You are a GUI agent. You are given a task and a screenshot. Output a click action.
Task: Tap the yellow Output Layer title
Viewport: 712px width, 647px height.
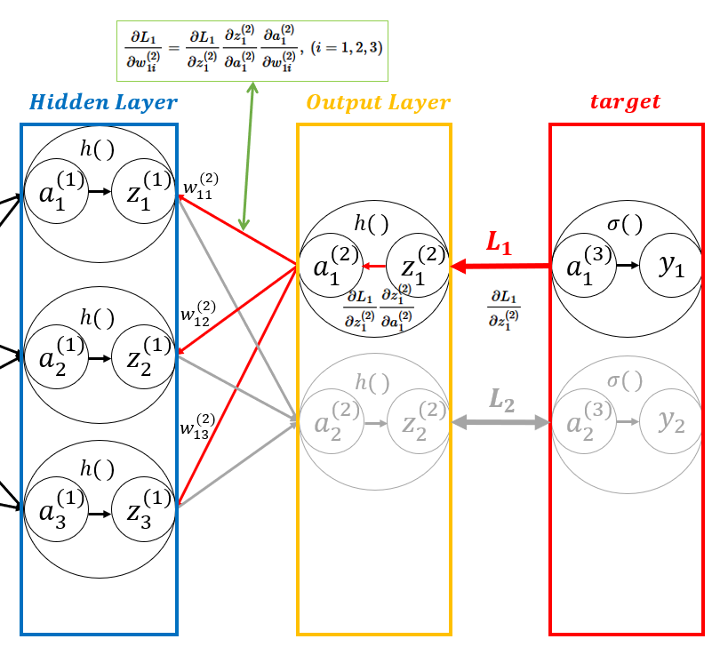coord(378,102)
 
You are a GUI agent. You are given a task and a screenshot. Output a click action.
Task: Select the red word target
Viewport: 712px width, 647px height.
coord(626,101)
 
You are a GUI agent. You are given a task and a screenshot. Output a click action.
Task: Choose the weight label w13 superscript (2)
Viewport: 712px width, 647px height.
coord(197,426)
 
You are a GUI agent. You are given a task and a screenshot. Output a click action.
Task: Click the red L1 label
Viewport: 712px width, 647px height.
coord(499,242)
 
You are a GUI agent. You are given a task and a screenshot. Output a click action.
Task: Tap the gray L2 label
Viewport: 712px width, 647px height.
coord(501,399)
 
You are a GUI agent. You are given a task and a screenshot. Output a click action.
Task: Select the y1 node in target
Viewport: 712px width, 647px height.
coord(671,265)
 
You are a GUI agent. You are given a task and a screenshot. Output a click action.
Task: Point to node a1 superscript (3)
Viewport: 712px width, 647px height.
coord(586,265)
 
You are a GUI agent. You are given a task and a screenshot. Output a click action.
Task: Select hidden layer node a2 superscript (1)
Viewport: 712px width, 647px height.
coord(57,358)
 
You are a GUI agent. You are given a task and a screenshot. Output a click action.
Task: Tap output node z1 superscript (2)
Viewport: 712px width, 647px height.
coord(417,265)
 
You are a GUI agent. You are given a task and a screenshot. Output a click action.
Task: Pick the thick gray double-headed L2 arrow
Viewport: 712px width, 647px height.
coord(500,423)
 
